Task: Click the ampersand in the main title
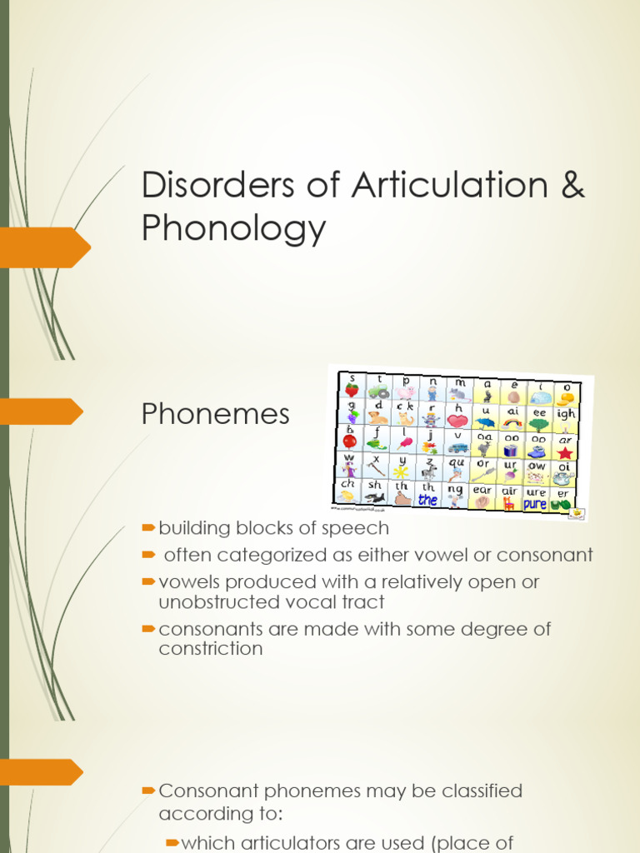coord(572,185)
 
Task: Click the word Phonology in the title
coord(233,227)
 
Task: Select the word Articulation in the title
coord(442,185)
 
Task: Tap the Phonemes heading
coord(216,413)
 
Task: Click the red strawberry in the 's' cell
coord(352,390)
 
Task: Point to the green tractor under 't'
coord(379,392)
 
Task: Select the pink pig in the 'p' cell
coord(406,392)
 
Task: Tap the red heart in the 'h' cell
coord(457,421)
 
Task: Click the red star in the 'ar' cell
coord(565,452)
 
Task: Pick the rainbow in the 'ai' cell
coord(512,422)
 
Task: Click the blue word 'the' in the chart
coord(427,501)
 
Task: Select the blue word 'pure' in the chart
coord(535,504)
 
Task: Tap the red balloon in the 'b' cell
coord(350,441)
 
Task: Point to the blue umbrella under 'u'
coord(484,422)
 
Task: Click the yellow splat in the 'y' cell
coord(401,471)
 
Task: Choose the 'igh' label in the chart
coord(565,413)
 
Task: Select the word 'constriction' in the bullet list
coord(211,648)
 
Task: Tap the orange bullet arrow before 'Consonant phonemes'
coord(149,789)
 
